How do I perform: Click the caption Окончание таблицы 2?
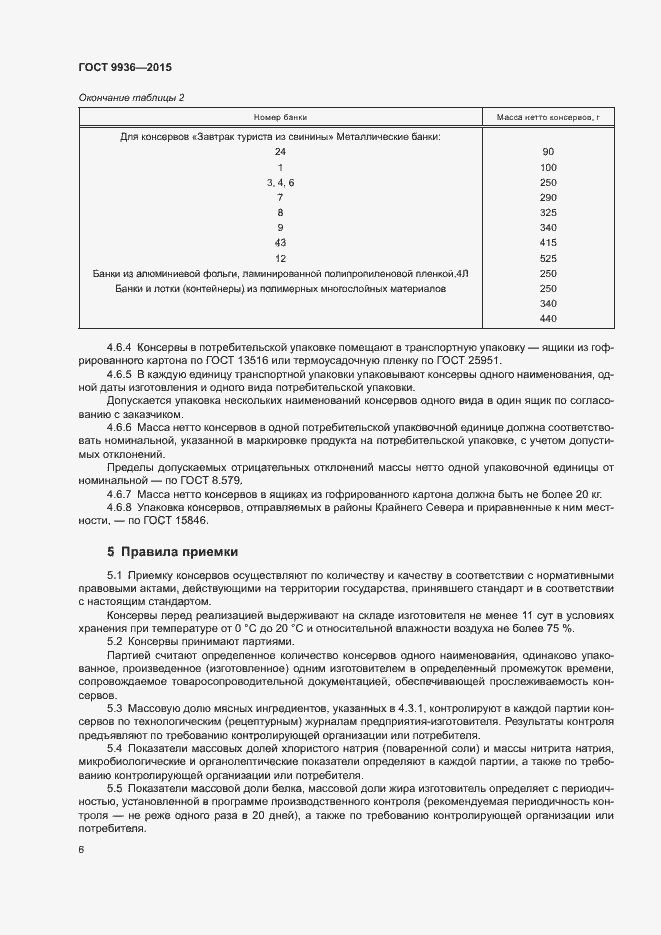click(130, 97)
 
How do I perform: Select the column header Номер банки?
click(280, 118)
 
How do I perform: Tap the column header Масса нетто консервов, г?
click(548, 118)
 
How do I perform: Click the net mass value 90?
click(547, 152)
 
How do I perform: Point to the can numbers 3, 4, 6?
click(280, 183)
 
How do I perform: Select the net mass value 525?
click(547, 258)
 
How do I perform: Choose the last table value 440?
click(547, 318)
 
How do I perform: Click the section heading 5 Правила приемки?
click(172, 551)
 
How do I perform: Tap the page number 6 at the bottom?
click(81, 850)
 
